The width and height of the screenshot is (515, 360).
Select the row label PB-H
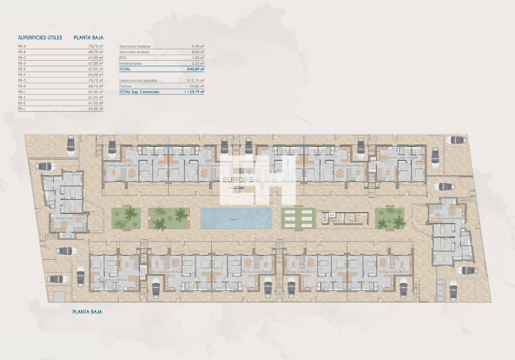[22, 86]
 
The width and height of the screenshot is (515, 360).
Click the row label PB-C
[22, 57]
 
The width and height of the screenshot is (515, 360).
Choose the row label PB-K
[22, 103]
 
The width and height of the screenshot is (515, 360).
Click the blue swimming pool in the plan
[235, 218]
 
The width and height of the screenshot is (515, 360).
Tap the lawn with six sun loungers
[298, 218]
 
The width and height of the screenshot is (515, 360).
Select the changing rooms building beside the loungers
[345, 218]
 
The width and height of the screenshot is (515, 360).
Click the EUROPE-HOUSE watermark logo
[257, 179]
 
